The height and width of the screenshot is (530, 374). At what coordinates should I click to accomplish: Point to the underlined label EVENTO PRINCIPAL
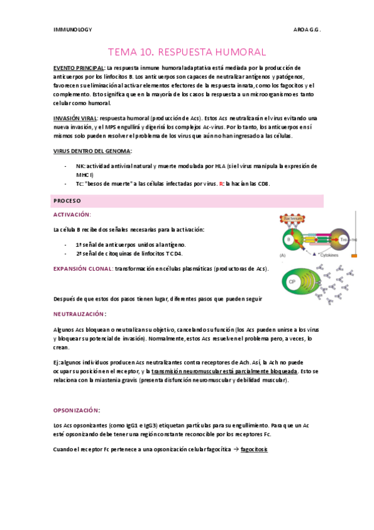(x=78, y=67)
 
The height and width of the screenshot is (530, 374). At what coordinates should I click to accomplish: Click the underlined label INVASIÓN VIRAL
(x=74, y=118)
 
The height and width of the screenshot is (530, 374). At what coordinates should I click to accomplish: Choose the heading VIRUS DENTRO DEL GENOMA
(x=92, y=151)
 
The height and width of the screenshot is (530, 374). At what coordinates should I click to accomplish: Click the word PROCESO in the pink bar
(x=67, y=201)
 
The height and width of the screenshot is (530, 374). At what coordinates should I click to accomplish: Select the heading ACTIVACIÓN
(x=72, y=214)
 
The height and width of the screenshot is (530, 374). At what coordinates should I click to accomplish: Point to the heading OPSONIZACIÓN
(x=76, y=410)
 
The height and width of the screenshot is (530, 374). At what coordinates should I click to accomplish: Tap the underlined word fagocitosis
(x=254, y=449)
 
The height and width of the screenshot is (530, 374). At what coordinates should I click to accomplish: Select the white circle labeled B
(x=289, y=238)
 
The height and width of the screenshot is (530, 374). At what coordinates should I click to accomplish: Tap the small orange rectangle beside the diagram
(x=354, y=256)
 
